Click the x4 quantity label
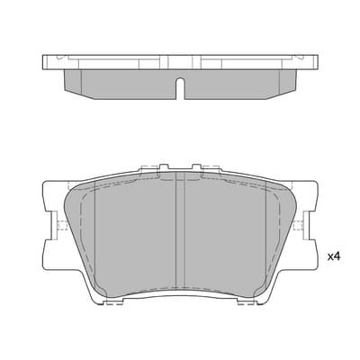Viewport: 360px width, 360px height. [x=334, y=256]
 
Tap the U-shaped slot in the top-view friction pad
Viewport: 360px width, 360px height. [x=180, y=88]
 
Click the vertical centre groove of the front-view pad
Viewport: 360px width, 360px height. [x=180, y=231]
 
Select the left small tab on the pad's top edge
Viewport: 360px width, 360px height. [x=164, y=167]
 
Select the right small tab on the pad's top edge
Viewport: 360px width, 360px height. [x=196, y=167]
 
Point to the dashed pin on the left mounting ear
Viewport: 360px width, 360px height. [x=61, y=225]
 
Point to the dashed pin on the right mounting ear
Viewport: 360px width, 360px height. [x=299, y=225]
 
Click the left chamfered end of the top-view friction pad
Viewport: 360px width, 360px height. [x=73, y=82]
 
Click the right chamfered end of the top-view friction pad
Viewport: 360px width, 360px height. [x=288, y=82]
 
